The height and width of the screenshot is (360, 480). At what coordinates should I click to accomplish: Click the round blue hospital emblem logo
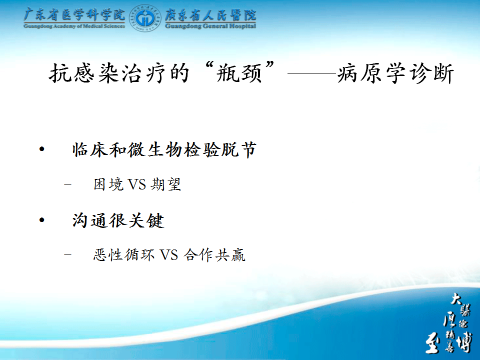coord(145,18)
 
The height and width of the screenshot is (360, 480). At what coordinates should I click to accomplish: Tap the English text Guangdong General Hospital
coord(210,26)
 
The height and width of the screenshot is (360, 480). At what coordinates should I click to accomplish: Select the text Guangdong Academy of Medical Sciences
coord(74,26)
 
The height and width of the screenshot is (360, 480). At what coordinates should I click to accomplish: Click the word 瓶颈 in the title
coord(239,73)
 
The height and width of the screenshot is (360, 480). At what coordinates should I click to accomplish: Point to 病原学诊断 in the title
coord(395,73)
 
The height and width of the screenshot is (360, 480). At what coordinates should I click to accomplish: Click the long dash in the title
coord(312,73)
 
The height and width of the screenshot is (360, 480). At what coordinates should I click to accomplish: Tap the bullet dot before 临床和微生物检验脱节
coord(42,149)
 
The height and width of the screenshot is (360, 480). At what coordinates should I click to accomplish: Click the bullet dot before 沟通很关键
coord(42,220)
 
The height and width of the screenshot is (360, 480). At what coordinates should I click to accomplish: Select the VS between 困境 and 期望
coord(136,184)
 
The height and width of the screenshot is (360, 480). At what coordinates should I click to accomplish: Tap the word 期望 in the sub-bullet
coord(166,184)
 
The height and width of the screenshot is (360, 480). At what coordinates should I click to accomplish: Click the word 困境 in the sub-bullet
coord(108,184)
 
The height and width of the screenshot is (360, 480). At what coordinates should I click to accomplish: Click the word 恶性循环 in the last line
coord(123,255)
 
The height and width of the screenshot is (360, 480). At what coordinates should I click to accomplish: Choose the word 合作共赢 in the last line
coord(214,255)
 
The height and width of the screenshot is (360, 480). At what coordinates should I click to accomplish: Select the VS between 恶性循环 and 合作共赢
coord(168,255)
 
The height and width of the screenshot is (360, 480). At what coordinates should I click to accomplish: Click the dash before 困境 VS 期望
coord(67,184)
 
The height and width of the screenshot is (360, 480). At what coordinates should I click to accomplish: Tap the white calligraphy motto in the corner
coord(449,322)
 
